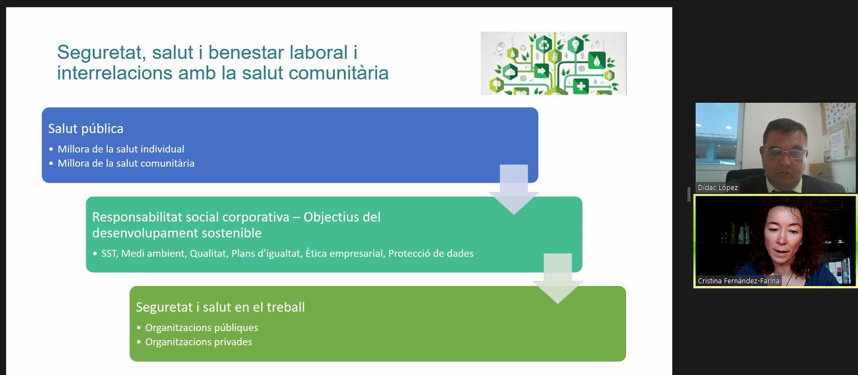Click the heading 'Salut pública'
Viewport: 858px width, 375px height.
pos(86,129)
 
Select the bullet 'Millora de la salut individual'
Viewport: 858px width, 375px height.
pos(121,149)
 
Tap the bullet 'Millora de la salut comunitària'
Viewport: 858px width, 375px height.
pos(126,163)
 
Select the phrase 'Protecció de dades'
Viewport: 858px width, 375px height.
pos(431,253)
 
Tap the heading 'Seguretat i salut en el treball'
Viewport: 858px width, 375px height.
pos(220,307)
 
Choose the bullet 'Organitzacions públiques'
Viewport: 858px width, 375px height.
pos(201,328)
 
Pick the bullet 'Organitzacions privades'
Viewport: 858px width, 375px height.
pos(199,342)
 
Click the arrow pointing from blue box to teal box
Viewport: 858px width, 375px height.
pos(514,189)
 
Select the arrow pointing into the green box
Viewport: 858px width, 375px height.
pos(558,278)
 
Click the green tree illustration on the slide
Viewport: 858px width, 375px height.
pos(553,63)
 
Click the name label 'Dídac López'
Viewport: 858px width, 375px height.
pos(717,188)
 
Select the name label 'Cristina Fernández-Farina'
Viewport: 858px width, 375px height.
pos(738,281)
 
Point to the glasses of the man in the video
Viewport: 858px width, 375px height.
pos(785,153)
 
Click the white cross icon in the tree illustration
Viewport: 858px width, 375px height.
pos(581,86)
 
